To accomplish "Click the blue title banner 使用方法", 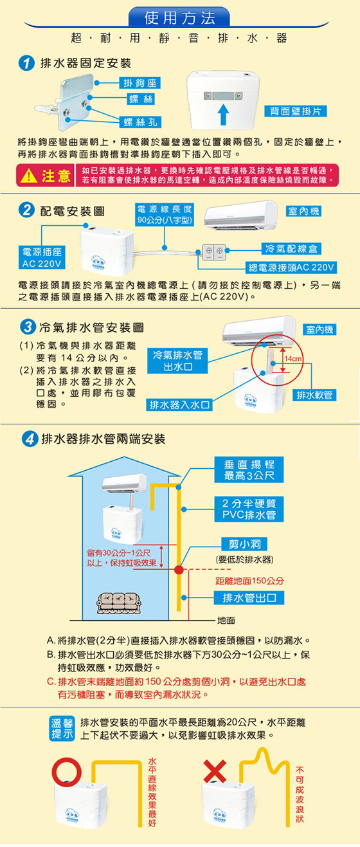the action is (x=179, y=17).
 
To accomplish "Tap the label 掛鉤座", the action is (x=139, y=83).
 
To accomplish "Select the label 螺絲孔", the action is (x=140, y=122).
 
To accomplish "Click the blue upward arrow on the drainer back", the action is (x=224, y=114).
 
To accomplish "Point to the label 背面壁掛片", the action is (x=295, y=111).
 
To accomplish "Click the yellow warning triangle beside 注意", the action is (x=29, y=176).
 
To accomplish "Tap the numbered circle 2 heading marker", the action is (x=26, y=210).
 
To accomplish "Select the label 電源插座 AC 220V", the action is (x=42, y=257).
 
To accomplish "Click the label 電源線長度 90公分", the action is (x=165, y=215).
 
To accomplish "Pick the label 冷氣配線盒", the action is (x=291, y=248).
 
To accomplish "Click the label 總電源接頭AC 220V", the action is (x=291, y=268).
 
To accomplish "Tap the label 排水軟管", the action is (x=314, y=395).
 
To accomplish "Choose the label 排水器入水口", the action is (x=179, y=405).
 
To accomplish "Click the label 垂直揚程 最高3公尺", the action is (x=249, y=469).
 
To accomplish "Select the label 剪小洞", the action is (x=244, y=543).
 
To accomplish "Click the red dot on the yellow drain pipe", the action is (x=179, y=569).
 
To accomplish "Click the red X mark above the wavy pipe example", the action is (x=215, y=771).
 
